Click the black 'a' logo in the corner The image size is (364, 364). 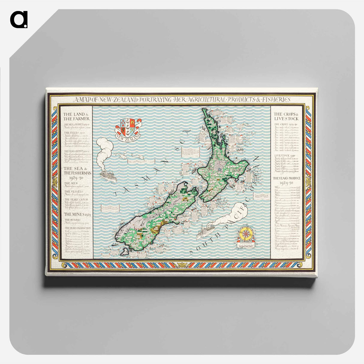tap(19, 19)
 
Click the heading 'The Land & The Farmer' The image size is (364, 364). tap(76, 116)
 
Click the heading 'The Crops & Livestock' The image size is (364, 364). tap(286, 116)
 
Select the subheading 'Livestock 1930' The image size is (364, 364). tap(284, 156)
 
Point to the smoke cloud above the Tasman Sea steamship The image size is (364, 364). tap(105, 149)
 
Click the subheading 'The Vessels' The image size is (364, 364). tap(72, 191)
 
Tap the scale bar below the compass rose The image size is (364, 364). tap(246, 244)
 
